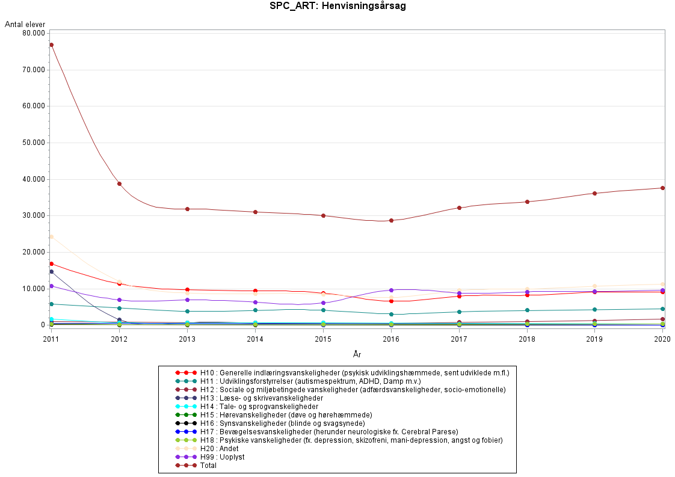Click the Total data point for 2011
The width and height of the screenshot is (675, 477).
click(52, 45)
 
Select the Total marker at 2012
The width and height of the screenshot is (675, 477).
click(119, 183)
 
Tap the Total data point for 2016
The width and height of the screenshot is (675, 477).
click(391, 220)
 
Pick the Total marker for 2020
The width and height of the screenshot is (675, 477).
click(662, 188)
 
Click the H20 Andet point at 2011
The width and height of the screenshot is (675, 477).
click(52, 237)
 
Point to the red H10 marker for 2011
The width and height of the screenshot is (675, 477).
click(52, 263)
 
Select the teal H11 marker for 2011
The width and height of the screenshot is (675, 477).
click(52, 304)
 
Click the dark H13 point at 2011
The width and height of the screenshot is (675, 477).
click(52, 271)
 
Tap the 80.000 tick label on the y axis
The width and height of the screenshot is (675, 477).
click(32, 33)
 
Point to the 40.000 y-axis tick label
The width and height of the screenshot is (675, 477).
click(32, 179)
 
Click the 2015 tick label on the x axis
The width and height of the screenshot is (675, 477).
click(323, 339)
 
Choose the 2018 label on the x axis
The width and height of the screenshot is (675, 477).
click(527, 339)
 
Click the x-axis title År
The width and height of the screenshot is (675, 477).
click(357, 354)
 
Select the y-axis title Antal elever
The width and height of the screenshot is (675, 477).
click(25, 24)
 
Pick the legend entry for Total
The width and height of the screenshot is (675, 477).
click(208, 465)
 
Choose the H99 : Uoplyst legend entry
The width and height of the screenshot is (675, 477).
click(223, 457)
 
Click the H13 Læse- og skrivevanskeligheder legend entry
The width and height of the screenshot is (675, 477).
click(262, 398)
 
